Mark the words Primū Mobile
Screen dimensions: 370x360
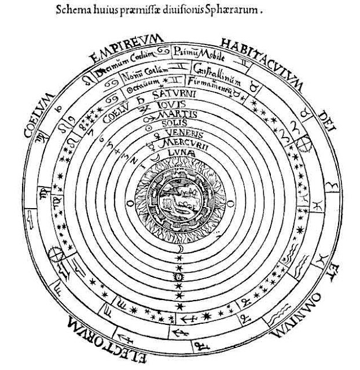click(196, 50)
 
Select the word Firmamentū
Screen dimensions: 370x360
click(212, 88)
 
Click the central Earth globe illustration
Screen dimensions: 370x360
click(179, 200)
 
